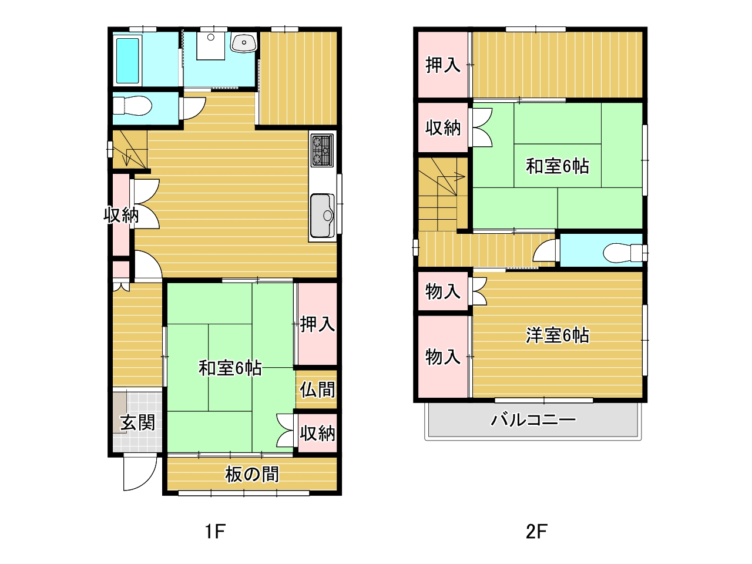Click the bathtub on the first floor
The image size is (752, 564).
tap(127, 61)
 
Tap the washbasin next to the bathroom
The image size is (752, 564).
tap(244, 43)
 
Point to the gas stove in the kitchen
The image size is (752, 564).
tap(322, 150)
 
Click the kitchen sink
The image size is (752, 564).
tap(322, 216)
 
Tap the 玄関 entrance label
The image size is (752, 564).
tap(137, 422)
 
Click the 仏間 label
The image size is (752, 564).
tap(317, 390)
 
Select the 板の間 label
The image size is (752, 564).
tap(252, 474)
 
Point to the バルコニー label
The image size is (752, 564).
tap(533, 420)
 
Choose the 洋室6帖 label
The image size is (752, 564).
tap(558, 335)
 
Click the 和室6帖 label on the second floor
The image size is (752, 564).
tap(558, 166)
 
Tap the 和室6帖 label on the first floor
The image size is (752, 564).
tap(230, 368)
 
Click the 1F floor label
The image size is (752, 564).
tap(215, 532)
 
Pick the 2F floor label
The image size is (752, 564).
tap(536, 532)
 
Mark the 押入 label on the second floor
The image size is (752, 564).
tap(443, 65)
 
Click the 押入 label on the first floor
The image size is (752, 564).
tap(317, 324)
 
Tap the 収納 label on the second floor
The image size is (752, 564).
tap(443, 127)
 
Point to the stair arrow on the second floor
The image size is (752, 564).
tap(442, 177)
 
